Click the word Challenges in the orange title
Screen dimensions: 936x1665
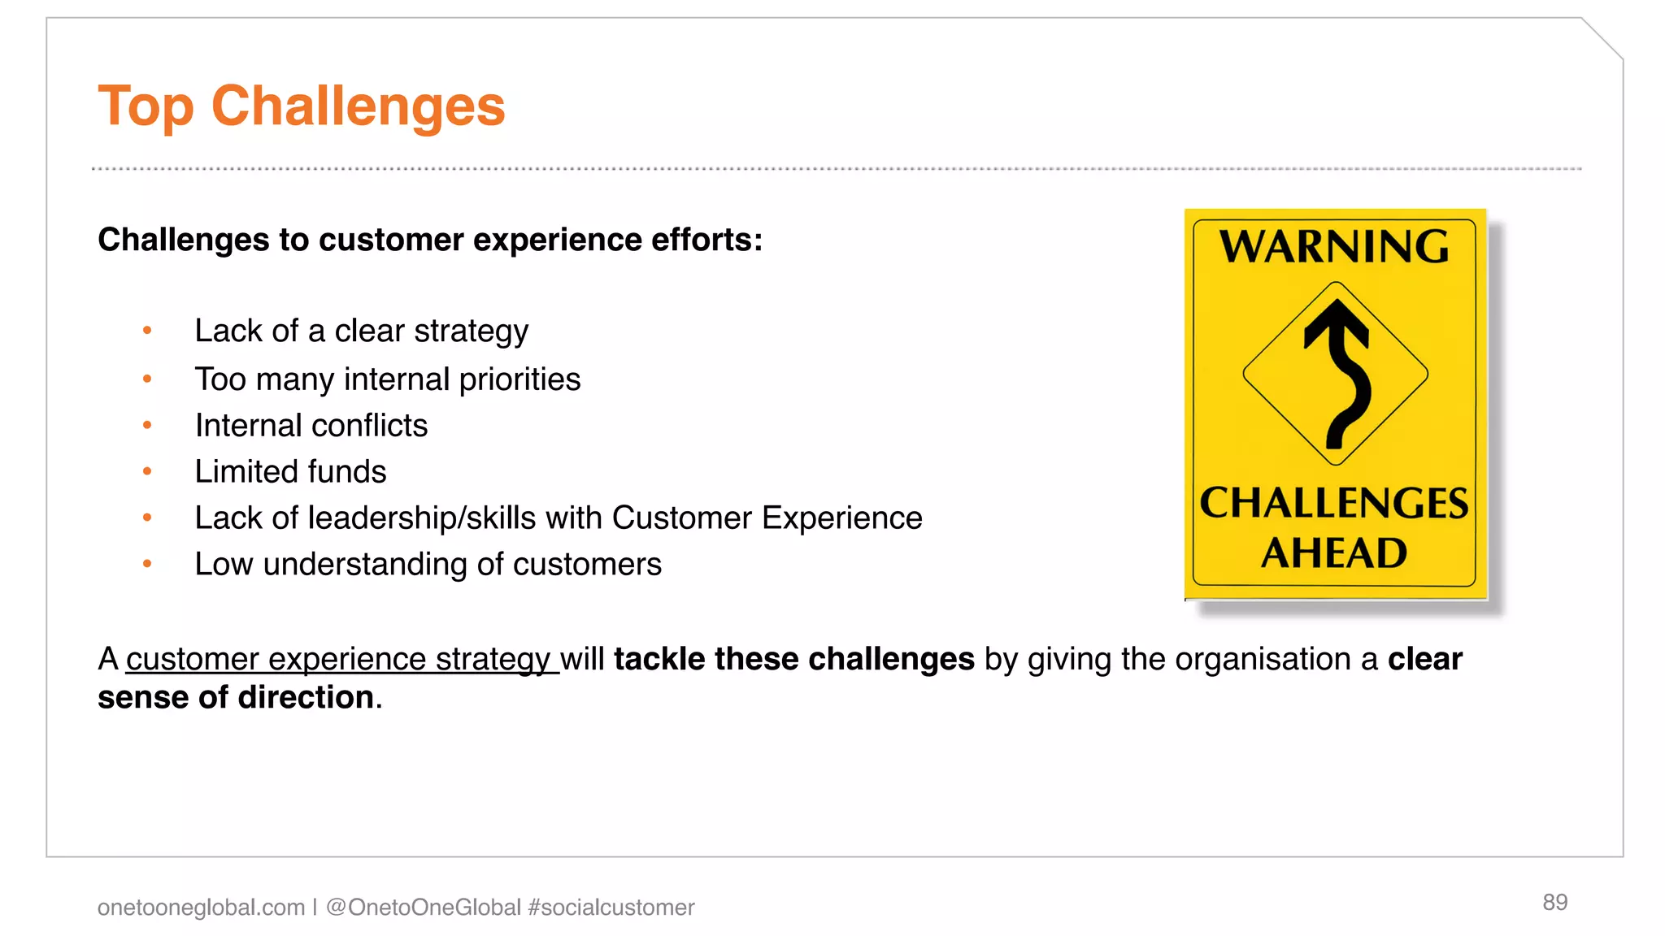[358, 106]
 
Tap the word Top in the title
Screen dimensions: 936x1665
[146, 106]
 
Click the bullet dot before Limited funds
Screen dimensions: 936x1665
[147, 471]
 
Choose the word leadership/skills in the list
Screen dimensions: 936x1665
[423, 518]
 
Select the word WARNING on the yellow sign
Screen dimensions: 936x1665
[1334, 246]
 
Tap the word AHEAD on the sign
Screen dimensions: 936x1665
[1334, 553]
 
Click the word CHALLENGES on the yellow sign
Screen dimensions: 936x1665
[1334, 503]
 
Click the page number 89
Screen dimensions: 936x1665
[1554, 902]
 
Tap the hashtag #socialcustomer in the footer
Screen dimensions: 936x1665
[611, 907]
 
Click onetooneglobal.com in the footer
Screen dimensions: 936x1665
[201, 907]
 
